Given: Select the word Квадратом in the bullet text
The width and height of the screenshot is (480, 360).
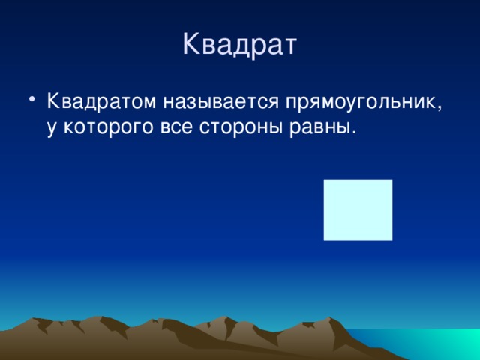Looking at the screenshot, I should (x=97, y=102).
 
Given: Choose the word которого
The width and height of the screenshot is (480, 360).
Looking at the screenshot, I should (x=108, y=127).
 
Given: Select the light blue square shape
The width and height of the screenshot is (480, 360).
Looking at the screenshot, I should (x=358, y=210).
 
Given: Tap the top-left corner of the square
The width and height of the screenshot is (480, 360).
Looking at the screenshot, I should (x=325, y=181).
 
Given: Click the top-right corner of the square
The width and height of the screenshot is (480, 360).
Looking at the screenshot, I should (x=391, y=181).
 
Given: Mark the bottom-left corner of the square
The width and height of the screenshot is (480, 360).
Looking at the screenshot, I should (x=325, y=239).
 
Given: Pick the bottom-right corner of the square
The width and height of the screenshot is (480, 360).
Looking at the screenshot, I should (x=391, y=239).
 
